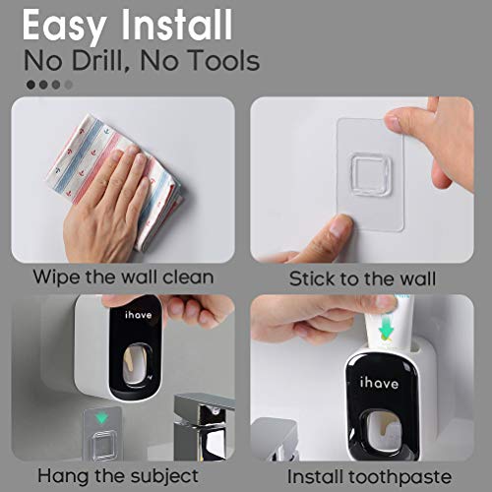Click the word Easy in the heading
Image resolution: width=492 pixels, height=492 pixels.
pos(68,23)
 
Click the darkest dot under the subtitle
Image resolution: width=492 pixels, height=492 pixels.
pos(31,85)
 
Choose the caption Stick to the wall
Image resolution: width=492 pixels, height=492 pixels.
pos(362,278)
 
